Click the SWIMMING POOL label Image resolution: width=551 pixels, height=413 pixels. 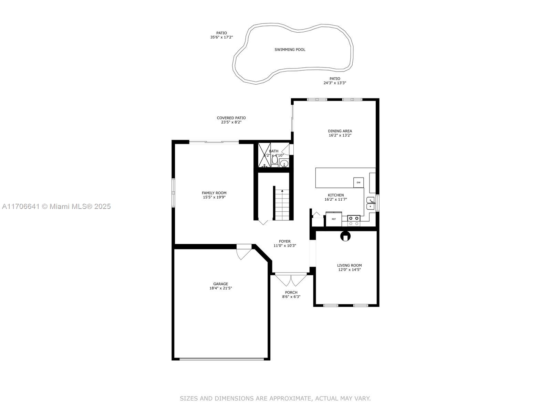click(x=290, y=50)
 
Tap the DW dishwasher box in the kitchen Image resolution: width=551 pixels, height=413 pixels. click(x=358, y=182)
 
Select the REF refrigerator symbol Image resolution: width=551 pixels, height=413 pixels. click(x=334, y=219)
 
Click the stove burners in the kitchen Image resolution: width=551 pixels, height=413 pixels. click(x=354, y=221)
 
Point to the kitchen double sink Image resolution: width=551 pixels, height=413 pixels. click(x=371, y=203)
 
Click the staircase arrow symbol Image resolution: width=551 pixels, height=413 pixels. click(x=282, y=191)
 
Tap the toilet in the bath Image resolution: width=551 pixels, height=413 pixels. click(x=274, y=161)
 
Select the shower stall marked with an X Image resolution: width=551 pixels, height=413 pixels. click(x=265, y=155)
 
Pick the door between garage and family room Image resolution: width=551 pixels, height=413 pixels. click(x=244, y=252)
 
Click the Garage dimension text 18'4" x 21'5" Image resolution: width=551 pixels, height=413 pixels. click(x=220, y=288)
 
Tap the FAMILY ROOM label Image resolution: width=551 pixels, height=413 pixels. click(x=214, y=193)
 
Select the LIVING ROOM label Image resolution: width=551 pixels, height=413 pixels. click(x=349, y=265)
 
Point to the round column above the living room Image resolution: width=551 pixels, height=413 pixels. click(x=345, y=236)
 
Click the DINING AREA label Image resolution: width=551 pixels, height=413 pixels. click(x=340, y=131)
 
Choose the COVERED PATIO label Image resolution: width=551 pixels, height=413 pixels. click(x=231, y=118)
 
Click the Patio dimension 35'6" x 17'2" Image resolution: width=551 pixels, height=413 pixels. click(x=221, y=37)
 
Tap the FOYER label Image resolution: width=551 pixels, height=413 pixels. click(x=284, y=242)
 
